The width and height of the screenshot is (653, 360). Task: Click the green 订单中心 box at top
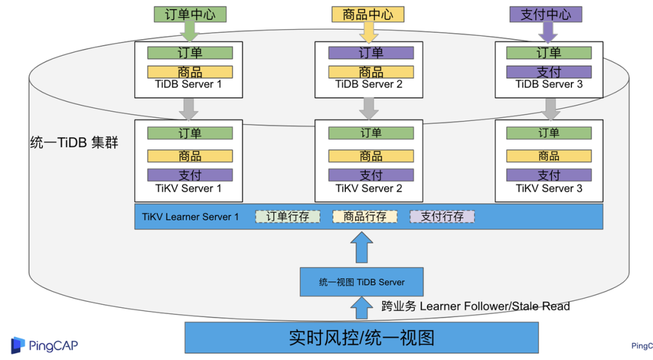pos(190,15)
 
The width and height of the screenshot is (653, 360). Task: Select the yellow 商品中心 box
pos(368,15)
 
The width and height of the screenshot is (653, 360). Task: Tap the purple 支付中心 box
pos(545,15)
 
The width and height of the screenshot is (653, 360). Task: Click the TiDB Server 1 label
pos(189,85)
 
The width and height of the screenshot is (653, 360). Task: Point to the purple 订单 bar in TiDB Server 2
pos(371,53)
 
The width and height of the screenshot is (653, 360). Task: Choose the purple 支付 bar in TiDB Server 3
pos(548,72)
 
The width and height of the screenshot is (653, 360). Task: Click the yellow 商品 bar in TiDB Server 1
pos(190,72)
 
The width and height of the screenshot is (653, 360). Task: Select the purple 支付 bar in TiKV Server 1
pos(190,175)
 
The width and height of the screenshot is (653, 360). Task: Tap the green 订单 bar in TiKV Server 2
pos(371,133)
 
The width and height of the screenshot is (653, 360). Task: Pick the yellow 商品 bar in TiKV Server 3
pos(548,156)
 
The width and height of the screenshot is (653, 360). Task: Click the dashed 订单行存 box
pos(287,217)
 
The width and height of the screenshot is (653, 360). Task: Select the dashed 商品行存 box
pos(365,217)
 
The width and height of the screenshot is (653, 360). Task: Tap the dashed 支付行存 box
pos(442,217)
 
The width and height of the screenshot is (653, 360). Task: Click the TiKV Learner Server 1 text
pos(190,217)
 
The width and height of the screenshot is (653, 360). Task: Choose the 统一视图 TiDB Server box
pos(362,282)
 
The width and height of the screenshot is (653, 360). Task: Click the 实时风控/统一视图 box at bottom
pos(361,338)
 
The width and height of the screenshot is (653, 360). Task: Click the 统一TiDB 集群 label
pos(74,143)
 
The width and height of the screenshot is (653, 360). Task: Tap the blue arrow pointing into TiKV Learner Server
pos(362,248)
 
